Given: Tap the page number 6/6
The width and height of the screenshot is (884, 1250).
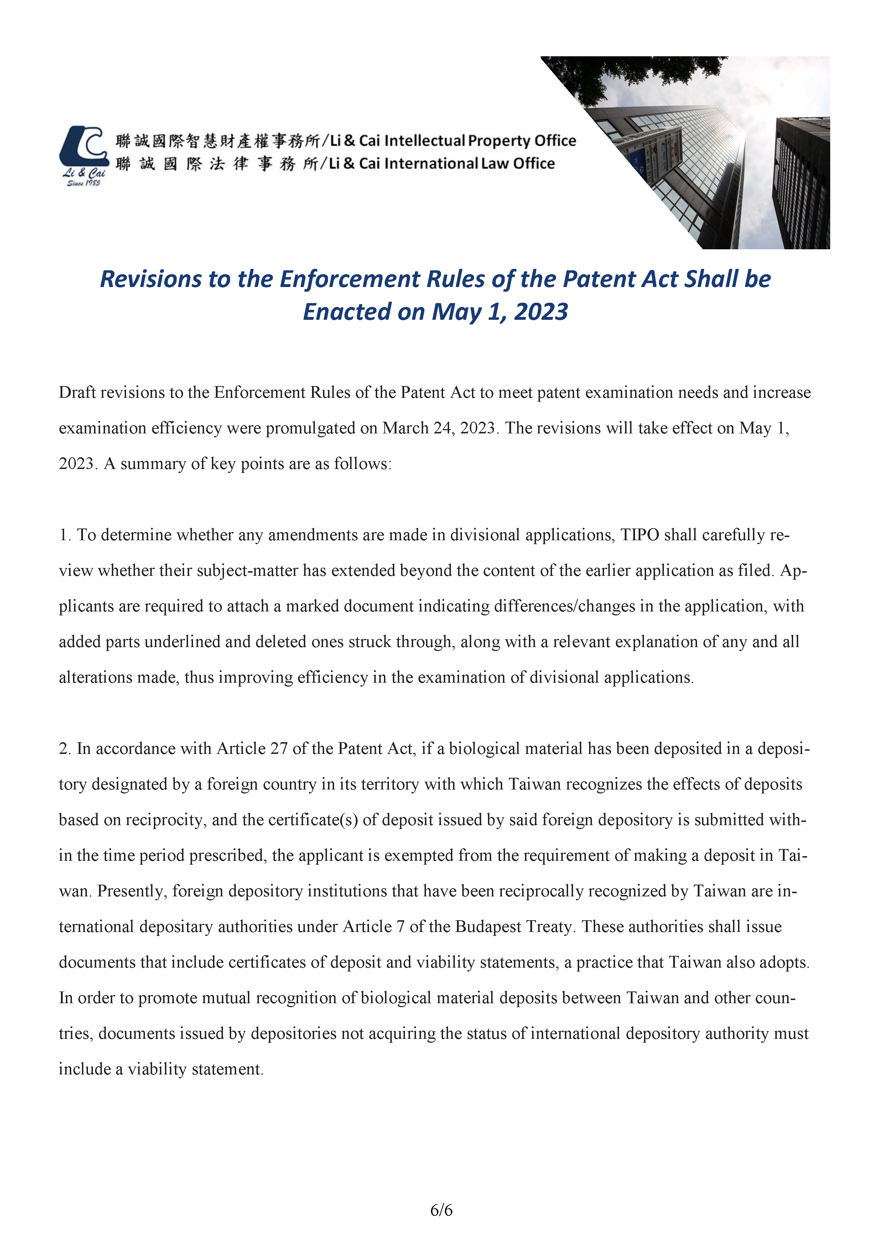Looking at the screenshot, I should pyautogui.click(x=441, y=1210).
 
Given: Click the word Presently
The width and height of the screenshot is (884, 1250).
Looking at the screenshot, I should pyautogui.click(x=132, y=891).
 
